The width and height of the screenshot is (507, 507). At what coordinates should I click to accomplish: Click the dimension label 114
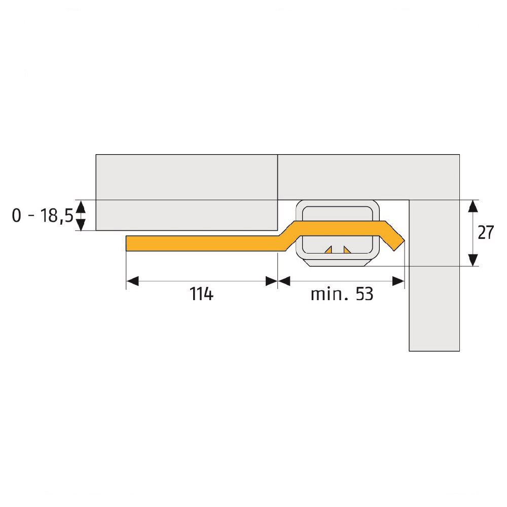201,294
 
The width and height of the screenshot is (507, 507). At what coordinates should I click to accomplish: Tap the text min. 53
342,294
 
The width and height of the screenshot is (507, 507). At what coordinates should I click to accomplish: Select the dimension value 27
486,233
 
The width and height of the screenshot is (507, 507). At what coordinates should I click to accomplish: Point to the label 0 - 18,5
43,215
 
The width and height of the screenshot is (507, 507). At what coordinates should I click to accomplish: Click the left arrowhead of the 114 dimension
132,281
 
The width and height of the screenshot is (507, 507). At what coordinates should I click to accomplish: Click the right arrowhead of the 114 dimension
271,281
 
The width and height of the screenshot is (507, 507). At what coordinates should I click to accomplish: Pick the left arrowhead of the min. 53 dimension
284,281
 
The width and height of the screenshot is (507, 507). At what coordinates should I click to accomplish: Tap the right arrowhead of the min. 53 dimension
398,281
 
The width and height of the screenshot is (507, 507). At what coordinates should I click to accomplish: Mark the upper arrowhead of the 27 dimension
473,206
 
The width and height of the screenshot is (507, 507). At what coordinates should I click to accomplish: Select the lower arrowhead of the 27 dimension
473,260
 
